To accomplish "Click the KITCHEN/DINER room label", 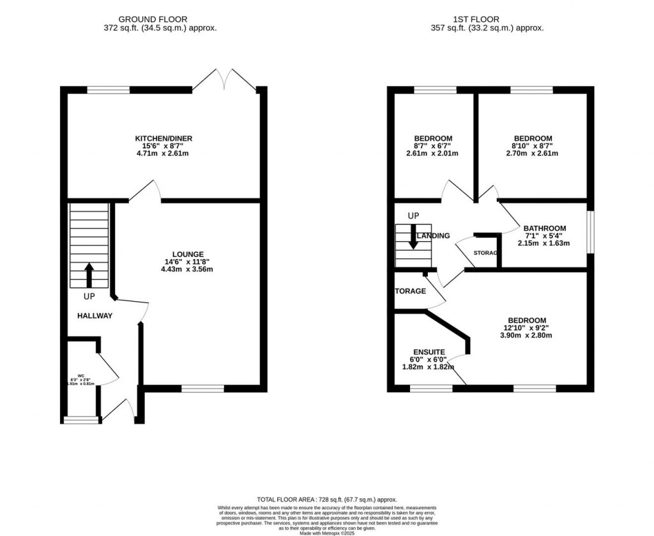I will (163, 139).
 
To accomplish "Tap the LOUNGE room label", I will (186, 253).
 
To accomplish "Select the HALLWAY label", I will (95, 316).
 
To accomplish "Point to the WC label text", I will (82, 376).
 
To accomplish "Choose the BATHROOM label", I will (544, 228).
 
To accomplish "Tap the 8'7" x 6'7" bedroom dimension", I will (433, 146).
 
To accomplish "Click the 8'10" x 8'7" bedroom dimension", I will (533, 146).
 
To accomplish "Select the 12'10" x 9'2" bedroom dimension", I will (527, 328).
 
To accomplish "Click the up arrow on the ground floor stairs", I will (88, 275).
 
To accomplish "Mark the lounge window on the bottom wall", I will (202, 388).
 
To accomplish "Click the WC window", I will (82, 420).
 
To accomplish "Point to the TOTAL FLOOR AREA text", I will (327, 500).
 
